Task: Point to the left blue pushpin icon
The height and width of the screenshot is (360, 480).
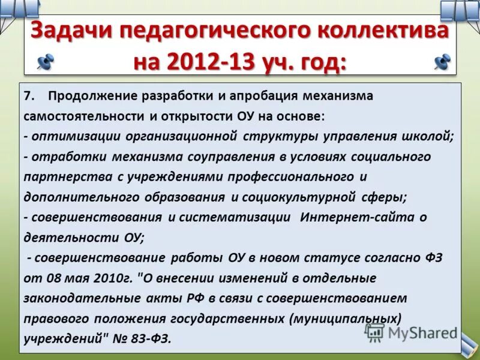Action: coord(45,61)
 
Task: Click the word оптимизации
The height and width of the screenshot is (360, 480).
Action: coord(76,136)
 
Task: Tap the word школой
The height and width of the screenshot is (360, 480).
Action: coord(430,136)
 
